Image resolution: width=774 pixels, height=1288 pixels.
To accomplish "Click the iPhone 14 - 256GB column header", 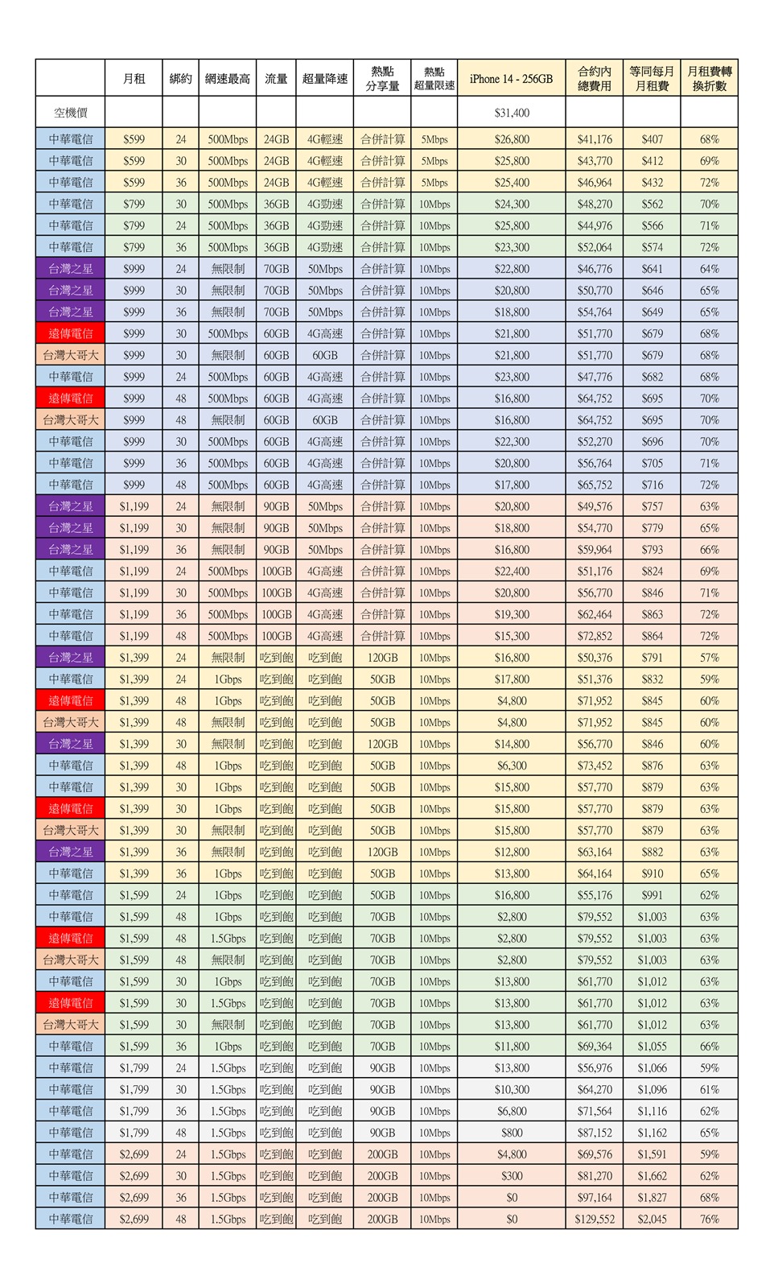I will [511, 79].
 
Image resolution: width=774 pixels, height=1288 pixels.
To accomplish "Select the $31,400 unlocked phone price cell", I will [512, 113].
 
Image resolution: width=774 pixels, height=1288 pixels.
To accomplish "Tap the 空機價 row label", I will [71, 113].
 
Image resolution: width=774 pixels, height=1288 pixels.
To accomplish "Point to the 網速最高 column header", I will [228, 79].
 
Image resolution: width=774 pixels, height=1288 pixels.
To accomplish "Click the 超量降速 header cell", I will [325, 79].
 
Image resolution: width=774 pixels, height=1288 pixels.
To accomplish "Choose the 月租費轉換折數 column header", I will [709, 79].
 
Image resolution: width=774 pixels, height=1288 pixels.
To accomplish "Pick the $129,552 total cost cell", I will [595, 1219].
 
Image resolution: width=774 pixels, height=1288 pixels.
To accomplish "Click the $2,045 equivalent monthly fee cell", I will [652, 1219].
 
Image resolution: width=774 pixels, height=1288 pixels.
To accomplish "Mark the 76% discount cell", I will [709, 1219].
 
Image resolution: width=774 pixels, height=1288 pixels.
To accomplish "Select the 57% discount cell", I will [709, 658].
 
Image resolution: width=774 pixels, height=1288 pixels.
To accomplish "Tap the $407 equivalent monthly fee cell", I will [652, 139].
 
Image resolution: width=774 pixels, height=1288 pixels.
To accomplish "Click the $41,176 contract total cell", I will [595, 139].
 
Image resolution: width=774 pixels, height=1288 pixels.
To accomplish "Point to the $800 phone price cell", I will [512, 1133].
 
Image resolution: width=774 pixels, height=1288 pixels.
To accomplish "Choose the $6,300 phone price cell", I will [512, 766].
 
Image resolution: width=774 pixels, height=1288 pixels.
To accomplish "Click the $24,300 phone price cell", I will [512, 204].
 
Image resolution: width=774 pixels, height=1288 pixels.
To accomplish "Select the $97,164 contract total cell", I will [595, 1197].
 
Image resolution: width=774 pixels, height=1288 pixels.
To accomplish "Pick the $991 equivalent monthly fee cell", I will [652, 895].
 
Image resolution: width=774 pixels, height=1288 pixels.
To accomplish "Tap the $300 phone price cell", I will [512, 1176].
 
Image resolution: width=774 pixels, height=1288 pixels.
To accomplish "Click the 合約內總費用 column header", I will [595, 79].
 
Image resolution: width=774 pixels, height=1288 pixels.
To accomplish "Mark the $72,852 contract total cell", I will [595, 636].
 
